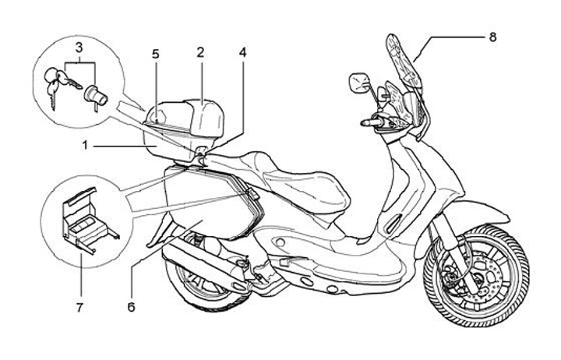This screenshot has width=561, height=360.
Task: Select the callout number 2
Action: pyautogui.click(x=200, y=53)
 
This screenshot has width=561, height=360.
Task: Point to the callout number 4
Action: pyautogui.click(x=242, y=54)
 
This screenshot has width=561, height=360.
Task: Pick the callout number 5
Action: pyautogui.click(x=156, y=54)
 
